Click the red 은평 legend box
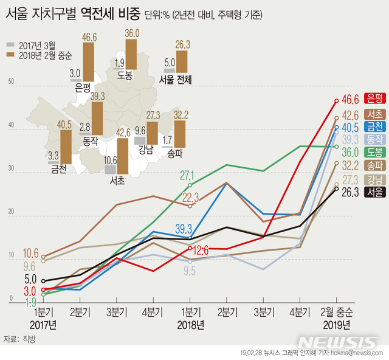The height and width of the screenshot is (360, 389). (373, 98)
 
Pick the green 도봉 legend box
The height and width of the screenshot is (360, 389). (373, 152)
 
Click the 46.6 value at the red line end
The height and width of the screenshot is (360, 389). (349, 98)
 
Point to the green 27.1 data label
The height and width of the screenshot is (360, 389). (187, 176)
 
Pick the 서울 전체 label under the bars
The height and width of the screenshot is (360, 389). (175, 79)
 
